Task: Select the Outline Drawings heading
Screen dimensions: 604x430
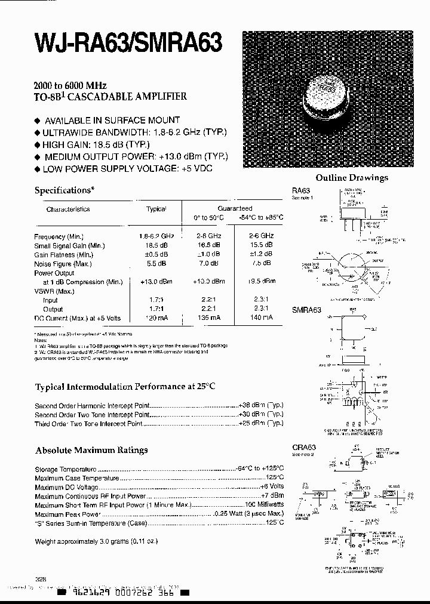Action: coord(351,177)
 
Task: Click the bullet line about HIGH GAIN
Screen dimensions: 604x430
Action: coord(96,144)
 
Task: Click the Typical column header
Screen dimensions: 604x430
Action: coord(156,209)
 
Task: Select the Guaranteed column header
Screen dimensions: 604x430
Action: coord(234,209)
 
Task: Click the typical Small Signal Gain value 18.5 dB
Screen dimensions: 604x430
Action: coord(155,245)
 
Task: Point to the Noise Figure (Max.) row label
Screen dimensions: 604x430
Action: coord(63,263)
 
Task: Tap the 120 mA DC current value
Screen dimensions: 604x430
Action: coord(155,318)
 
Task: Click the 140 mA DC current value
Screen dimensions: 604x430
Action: coord(260,318)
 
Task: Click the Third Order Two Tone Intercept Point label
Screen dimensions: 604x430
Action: coord(80,423)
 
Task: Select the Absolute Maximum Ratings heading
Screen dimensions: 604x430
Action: coord(91,450)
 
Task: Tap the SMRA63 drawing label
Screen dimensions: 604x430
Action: coord(306,310)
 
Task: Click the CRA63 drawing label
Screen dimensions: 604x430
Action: coord(303,447)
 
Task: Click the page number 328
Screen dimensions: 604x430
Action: coord(41,578)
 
